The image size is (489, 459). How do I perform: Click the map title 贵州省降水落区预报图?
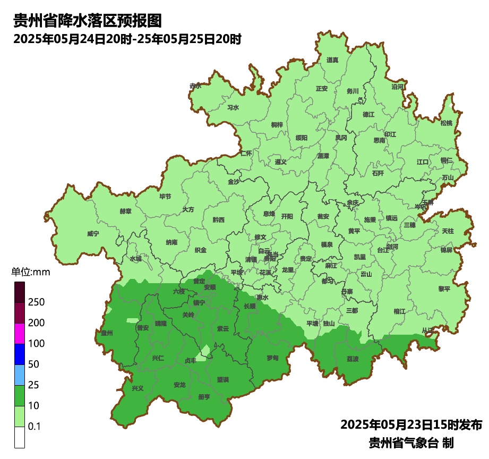click(87, 21)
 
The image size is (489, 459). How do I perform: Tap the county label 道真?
click(332, 60)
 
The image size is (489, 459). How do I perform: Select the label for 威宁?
click(93, 234)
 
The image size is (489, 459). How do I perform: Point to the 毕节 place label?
click(166, 197)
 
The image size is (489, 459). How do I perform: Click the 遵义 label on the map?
click(280, 161)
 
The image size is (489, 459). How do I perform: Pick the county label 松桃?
click(447, 123)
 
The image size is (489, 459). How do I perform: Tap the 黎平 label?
click(444, 289)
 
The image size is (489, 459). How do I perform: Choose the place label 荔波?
click(353, 359)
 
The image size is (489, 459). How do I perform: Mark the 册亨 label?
click(204, 397)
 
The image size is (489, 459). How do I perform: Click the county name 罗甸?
click(272, 358)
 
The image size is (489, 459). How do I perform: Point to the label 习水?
click(233, 107)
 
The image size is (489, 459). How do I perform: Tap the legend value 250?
click(37, 302)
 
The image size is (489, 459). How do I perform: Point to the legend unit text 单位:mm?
click(30, 273)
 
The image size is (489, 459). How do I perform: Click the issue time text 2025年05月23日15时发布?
click(411, 425)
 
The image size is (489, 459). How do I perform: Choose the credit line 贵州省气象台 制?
click(411, 443)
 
